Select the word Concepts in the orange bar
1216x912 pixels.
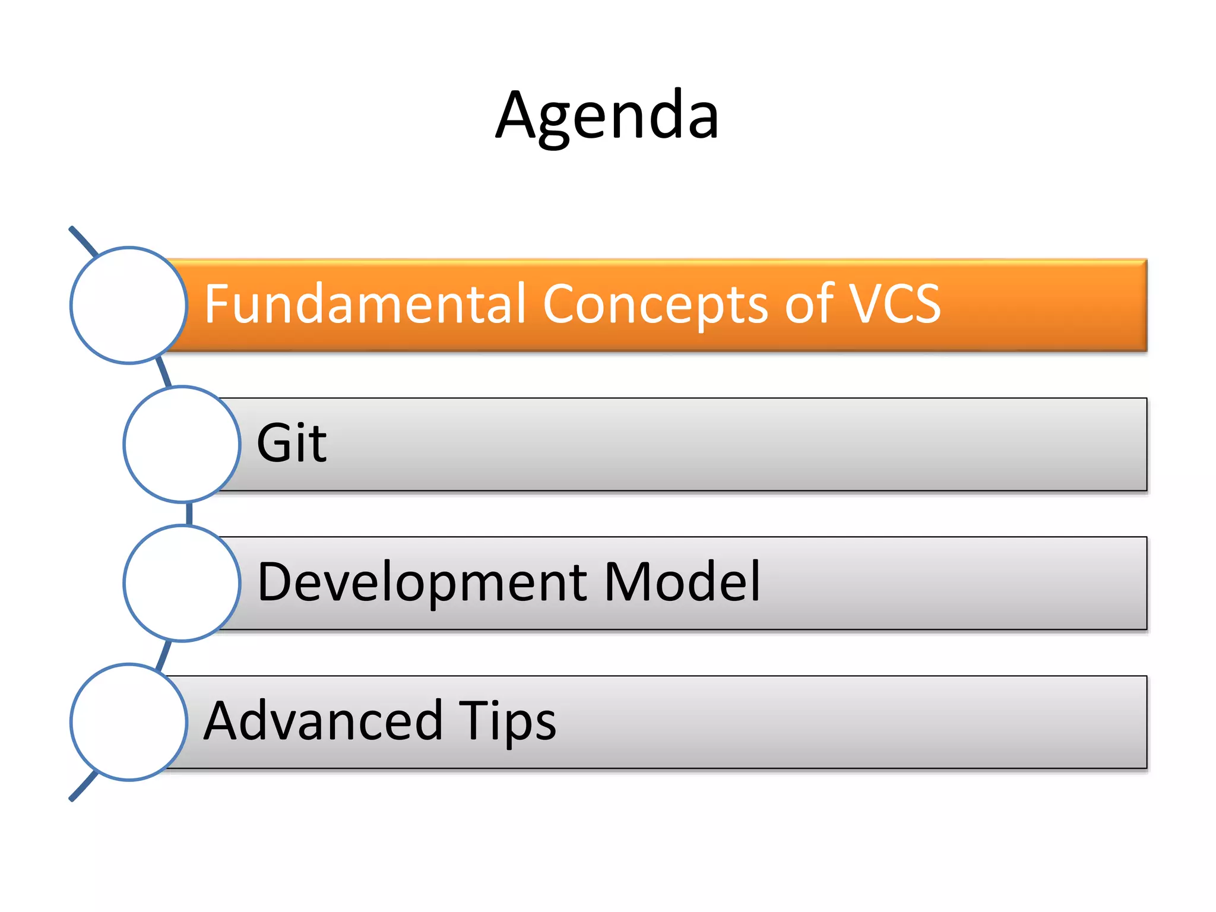pyautogui.click(x=655, y=304)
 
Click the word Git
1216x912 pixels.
pyautogui.click(x=291, y=443)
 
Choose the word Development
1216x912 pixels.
pyautogui.click(x=422, y=582)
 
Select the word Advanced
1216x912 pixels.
pyautogui.click(x=323, y=721)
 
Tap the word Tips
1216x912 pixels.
pyautogui.click(x=508, y=721)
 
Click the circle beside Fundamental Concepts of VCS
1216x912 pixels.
pyautogui.click(x=129, y=305)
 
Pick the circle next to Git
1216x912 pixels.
pyautogui.click(x=182, y=444)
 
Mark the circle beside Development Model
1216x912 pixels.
pyautogui.click(x=182, y=583)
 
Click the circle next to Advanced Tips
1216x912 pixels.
pyautogui.click(x=129, y=722)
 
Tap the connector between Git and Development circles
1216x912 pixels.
pyautogui.click(x=189, y=514)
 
